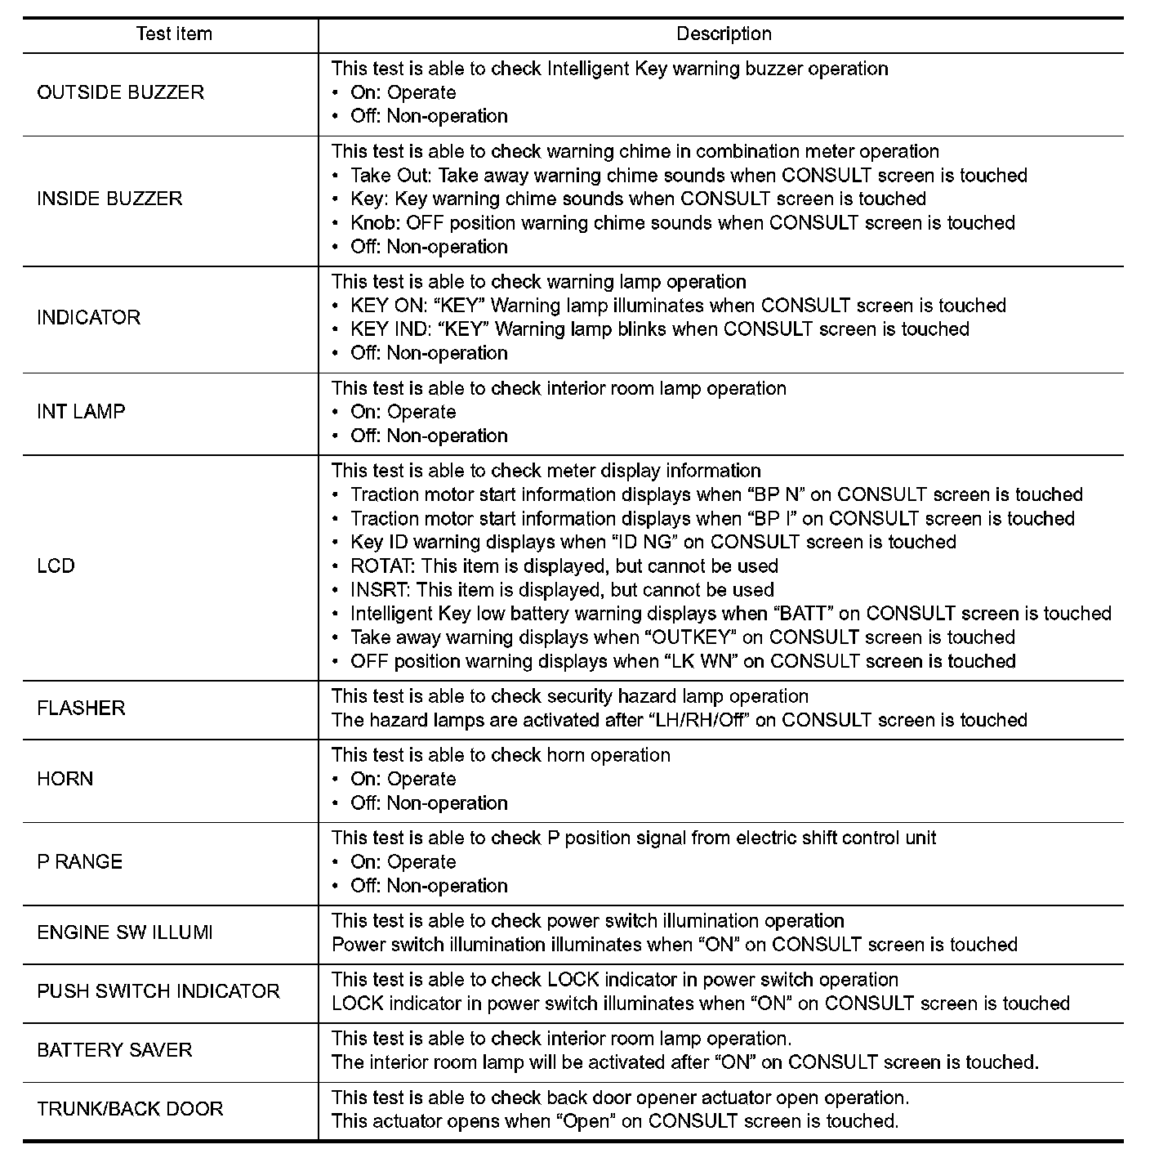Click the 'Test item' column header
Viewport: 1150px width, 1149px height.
(x=173, y=34)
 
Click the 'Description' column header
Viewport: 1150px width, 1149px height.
(x=724, y=34)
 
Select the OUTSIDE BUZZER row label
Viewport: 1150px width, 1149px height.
(x=121, y=92)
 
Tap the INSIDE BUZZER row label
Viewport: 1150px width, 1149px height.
(x=109, y=199)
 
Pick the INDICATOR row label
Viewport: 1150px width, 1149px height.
(x=88, y=317)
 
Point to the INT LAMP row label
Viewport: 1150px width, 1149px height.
(x=81, y=411)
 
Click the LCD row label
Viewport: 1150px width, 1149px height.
(x=56, y=566)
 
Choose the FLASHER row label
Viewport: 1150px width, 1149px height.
(x=81, y=708)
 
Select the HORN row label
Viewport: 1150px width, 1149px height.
(x=65, y=779)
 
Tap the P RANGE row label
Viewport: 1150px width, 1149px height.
(x=79, y=861)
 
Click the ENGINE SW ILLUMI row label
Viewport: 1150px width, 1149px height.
(x=125, y=932)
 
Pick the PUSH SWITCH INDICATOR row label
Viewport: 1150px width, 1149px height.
(x=158, y=991)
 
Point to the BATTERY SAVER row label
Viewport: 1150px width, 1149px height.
(x=114, y=1050)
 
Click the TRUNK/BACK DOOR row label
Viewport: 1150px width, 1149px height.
(x=130, y=1109)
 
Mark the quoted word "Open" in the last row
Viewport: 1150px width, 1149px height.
(x=586, y=1121)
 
